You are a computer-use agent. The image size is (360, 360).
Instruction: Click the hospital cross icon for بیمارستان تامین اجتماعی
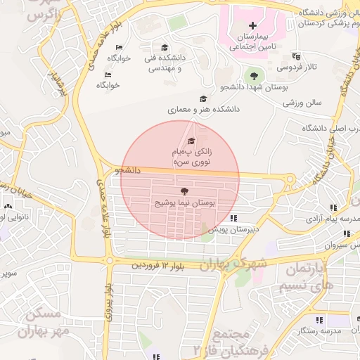click(x=253, y=25)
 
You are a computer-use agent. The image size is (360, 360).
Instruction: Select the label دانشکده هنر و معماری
click(x=204, y=110)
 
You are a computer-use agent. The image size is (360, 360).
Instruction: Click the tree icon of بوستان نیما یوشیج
click(x=184, y=191)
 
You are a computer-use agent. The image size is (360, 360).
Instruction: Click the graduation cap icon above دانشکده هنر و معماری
click(x=204, y=99)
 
